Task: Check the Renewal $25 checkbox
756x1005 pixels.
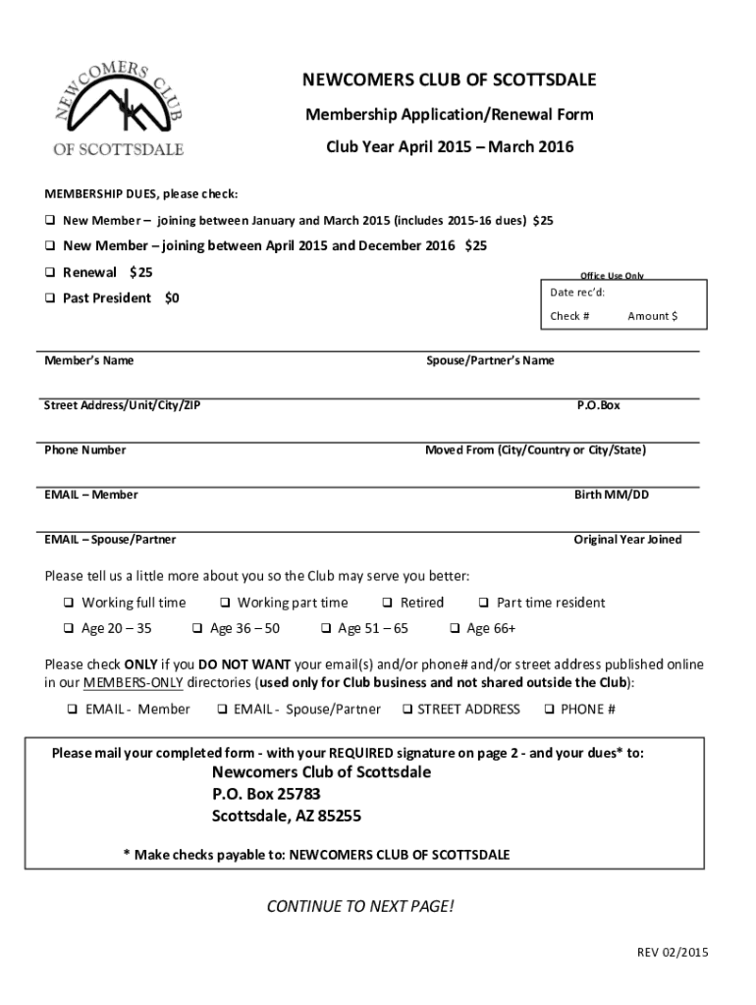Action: pyautogui.click(x=49, y=273)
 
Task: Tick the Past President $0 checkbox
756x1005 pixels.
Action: pyautogui.click(x=49, y=298)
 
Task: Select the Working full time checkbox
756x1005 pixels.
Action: pyautogui.click(x=69, y=604)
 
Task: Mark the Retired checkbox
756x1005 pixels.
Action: pyautogui.click(x=388, y=604)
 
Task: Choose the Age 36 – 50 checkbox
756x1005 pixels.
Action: pyautogui.click(x=197, y=629)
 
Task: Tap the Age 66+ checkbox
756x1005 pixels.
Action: pyautogui.click(x=455, y=629)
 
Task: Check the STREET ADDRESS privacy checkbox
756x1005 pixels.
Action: pyautogui.click(x=405, y=710)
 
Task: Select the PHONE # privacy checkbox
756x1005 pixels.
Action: pyautogui.click(x=549, y=710)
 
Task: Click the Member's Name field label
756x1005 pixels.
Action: pyautogui.click(x=88, y=361)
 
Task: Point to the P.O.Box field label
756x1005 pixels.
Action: pyautogui.click(x=598, y=405)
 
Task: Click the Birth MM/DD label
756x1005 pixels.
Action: pyautogui.click(x=611, y=495)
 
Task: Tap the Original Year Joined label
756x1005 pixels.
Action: pyautogui.click(x=627, y=540)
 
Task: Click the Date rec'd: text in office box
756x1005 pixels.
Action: pyautogui.click(x=577, y=292)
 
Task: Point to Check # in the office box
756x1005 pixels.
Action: pyautogui.click(x=569, y=316)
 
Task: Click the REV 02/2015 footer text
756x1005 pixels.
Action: pyautogui.click(x=673, y=952)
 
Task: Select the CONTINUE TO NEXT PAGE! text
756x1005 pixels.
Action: pyautogui.click(x=360, y=905)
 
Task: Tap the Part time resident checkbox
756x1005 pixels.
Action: pyautogui.click(x=484, y=604)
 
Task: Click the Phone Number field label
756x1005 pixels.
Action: pyautogui.click(x=84, y=450)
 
